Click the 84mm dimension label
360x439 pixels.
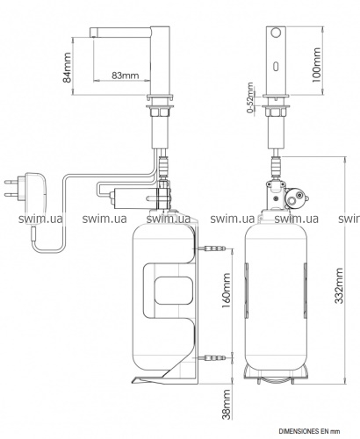[68, 68]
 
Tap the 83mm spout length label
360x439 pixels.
[125, 76]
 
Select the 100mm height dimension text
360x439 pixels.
[316, 65]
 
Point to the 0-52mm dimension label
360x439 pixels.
[250, 97]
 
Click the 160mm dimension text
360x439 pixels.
[226, 291]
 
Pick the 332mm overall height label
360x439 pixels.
[339, 285]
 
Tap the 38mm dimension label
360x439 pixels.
[227, 404]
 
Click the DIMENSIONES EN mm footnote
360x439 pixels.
[309, 431]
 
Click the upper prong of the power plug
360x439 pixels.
[11, 182]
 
